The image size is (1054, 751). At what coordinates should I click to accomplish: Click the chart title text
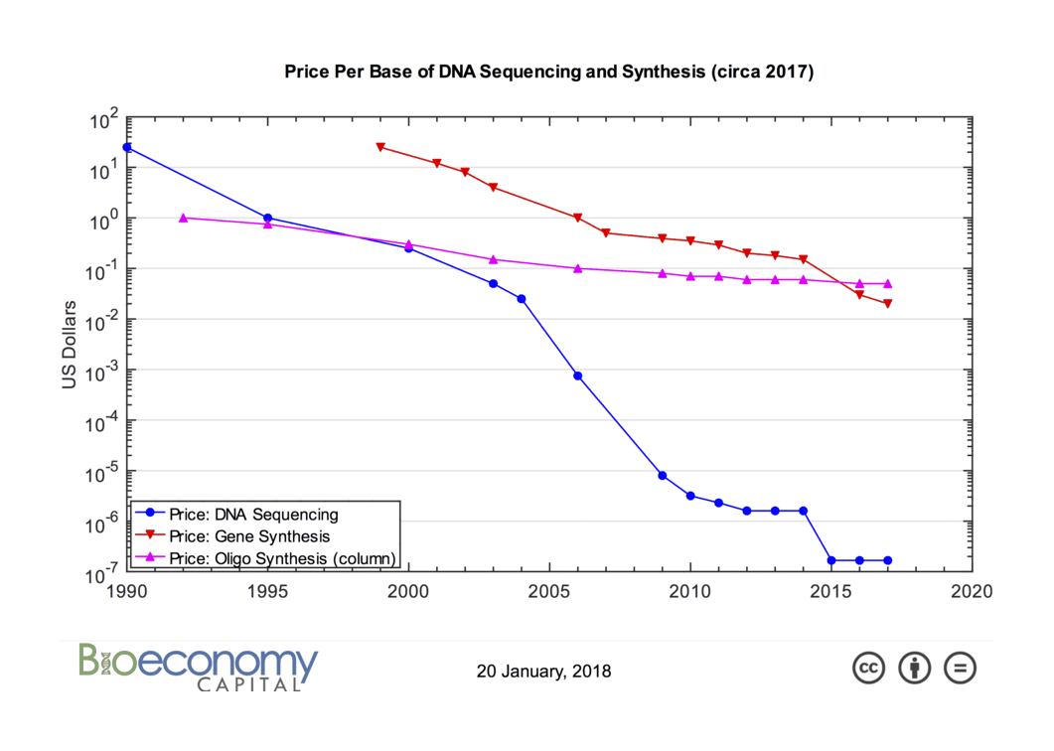tap(548, 72)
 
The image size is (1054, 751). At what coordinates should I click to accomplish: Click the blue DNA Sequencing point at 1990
tap(126, 147)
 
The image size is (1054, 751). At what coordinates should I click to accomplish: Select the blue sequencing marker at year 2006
tap(577, 375)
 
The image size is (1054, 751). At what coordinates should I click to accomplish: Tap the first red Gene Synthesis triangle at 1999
tap(380, 147)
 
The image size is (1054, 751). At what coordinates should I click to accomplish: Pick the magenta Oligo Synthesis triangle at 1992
tap(183, 218)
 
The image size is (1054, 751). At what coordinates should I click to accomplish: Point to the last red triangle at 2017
tap(887, 304)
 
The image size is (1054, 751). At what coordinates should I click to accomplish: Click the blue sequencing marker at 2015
tap(830, 560)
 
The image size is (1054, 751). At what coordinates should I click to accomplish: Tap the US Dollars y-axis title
tap(70, 346)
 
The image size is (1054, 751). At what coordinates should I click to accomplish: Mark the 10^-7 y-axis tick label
tap(102, 573)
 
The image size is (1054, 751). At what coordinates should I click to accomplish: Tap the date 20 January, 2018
tap(544, 672)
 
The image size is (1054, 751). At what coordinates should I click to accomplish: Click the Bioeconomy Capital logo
tap(199, 667)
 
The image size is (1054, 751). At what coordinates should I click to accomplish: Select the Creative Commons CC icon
tap(868, 668)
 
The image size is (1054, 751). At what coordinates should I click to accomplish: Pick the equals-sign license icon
tap(960, 668)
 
